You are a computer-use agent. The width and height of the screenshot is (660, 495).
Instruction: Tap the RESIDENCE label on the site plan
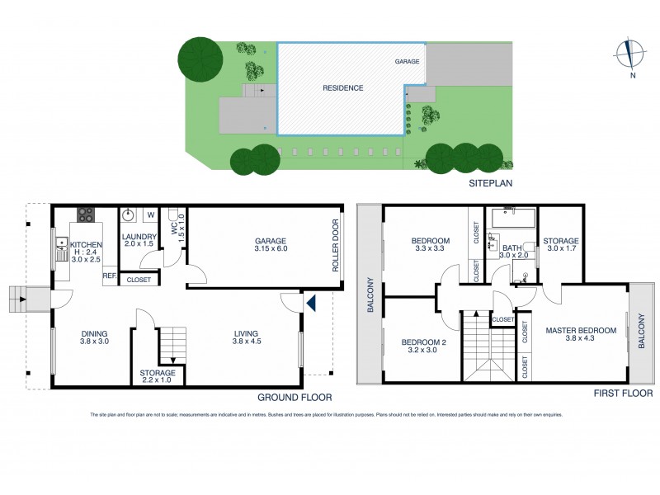pyautogui.click(x=342, y=87)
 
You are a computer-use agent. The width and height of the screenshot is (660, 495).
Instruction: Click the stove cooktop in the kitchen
pyautogui.click(x=86, y=215)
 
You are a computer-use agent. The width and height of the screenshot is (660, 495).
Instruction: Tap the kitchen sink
pyautogui.click(x=63, y=245)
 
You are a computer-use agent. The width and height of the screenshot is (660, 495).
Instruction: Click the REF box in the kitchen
pyautogui.click(x=109, y=277)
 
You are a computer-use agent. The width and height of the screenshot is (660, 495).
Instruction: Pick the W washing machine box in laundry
pyautogui.click(x=151, y=215)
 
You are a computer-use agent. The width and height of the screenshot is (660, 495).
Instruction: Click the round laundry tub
pyautogui.click(x=129, y=215)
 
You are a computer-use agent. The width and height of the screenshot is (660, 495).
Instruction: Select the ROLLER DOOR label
pyautogui.click(x=335, y=245)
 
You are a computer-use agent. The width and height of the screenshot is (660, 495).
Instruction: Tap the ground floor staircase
pyautogui.click(x=172, y=346)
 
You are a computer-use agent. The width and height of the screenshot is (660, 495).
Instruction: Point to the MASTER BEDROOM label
pyautogui.click(x=582, y=331)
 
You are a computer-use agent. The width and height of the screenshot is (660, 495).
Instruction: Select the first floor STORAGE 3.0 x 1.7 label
pyautogui.click(x=561, y=245)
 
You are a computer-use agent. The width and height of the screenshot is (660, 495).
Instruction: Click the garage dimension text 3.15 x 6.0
pyautogui.click(x=271, y=249)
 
